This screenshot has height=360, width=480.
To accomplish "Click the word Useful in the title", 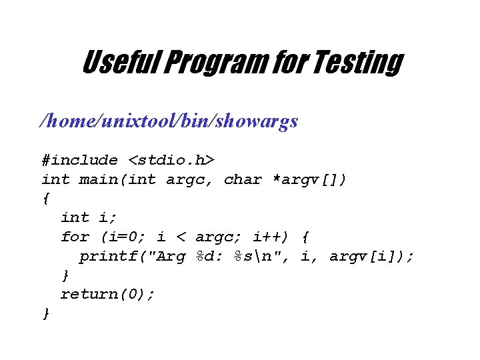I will (119, 63).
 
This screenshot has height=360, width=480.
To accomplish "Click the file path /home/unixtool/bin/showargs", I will (169, 121).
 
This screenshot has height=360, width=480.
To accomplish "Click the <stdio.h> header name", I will (171, 160).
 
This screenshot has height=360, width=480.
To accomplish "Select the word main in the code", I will (98, 179).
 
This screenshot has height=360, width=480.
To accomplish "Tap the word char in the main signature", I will (243, 179).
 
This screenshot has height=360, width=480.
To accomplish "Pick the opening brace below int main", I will (45, 199).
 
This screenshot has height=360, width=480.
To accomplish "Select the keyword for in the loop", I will (75, 237).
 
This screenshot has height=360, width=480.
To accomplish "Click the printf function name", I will (108, 256).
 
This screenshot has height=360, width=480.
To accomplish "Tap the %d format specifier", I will (209, 256).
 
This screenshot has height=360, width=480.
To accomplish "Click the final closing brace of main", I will (45, 313).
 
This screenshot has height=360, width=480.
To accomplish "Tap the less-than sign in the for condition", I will (181, 237).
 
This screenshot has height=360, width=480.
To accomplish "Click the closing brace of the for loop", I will (65, 275).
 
